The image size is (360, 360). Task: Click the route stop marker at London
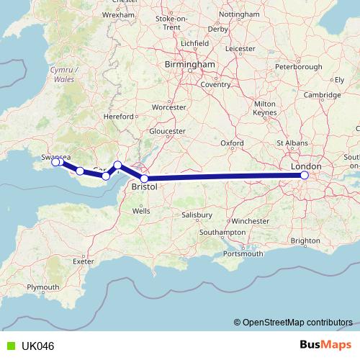tap(305, 175)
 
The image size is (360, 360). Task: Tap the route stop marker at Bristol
tap(145, 179)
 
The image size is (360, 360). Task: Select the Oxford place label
tap(232, 143)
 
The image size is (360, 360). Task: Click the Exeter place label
tap(84, 261)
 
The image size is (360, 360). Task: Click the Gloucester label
tap(167, 131)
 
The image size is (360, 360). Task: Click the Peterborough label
tap(299, 67)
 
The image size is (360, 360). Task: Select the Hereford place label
tap(119, 116)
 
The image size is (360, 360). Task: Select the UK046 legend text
tap(37, 346)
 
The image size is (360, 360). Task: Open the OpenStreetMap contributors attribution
tap(297, 323)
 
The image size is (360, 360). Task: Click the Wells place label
tap(141, 211)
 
